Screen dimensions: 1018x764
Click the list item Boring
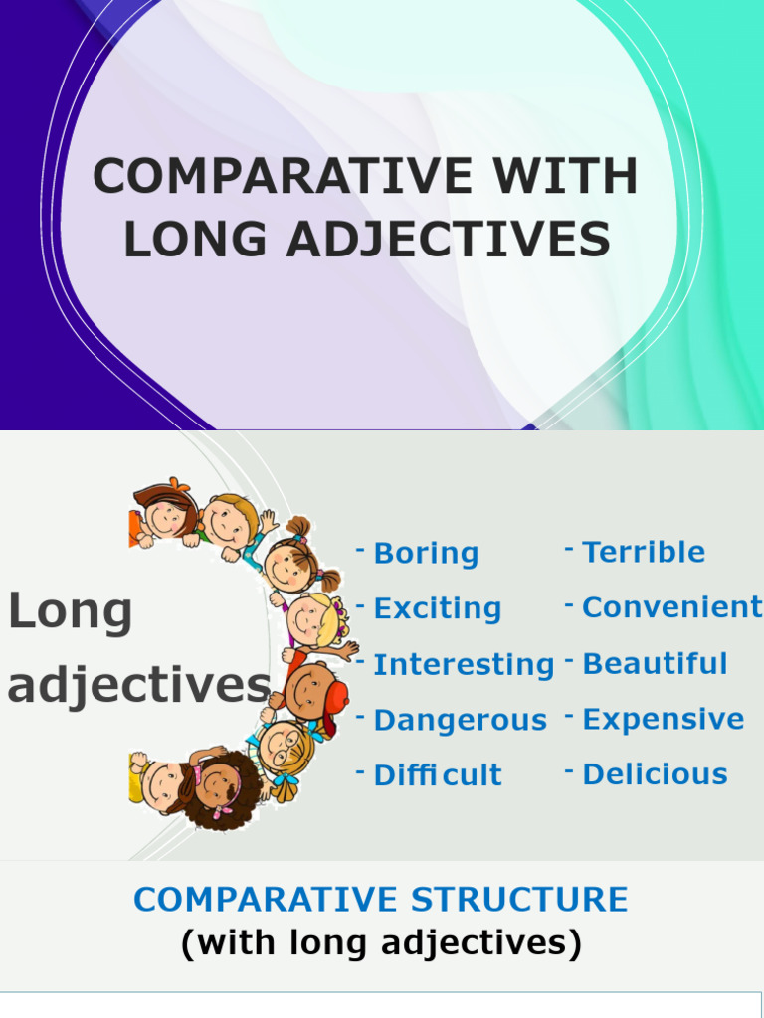(x=426, y=554)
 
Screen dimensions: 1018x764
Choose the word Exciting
(x=437, y=608)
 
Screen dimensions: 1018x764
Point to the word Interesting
(x=464, y=664)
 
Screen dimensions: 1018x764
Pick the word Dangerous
(x=460, y=720)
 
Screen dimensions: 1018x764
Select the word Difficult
(x=438, y=775)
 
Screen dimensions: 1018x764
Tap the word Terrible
(x=644, y=552)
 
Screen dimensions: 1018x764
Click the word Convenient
(x=672, y=607)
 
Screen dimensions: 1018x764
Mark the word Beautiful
(x=655, y=663)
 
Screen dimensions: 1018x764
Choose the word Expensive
(x=663, y=719)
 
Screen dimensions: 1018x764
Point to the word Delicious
(x=655, y=774)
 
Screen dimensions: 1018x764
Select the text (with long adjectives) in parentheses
(x=381, y=942)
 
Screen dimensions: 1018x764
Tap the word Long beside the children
(x=70, y=612)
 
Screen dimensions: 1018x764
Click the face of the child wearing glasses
(x=284, y=744)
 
